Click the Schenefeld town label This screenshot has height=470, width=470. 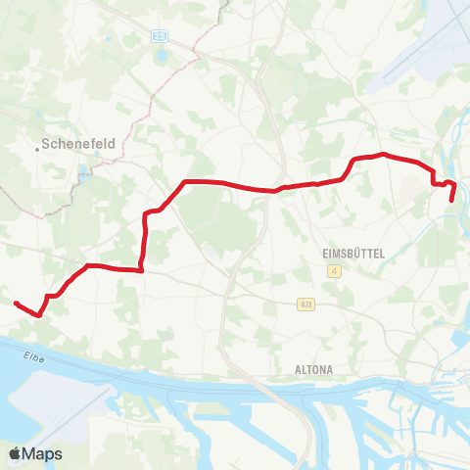[x=80, y=143]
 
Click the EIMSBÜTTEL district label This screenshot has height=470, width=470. [x=353, y=253]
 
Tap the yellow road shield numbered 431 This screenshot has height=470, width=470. [x=306, y=305]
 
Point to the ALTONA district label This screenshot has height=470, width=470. [x=314, y=369]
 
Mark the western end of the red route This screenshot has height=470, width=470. [x=16, y=304]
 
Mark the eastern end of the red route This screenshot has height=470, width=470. [x=451, y=200]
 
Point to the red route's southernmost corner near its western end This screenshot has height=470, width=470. [x=38, y=315]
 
